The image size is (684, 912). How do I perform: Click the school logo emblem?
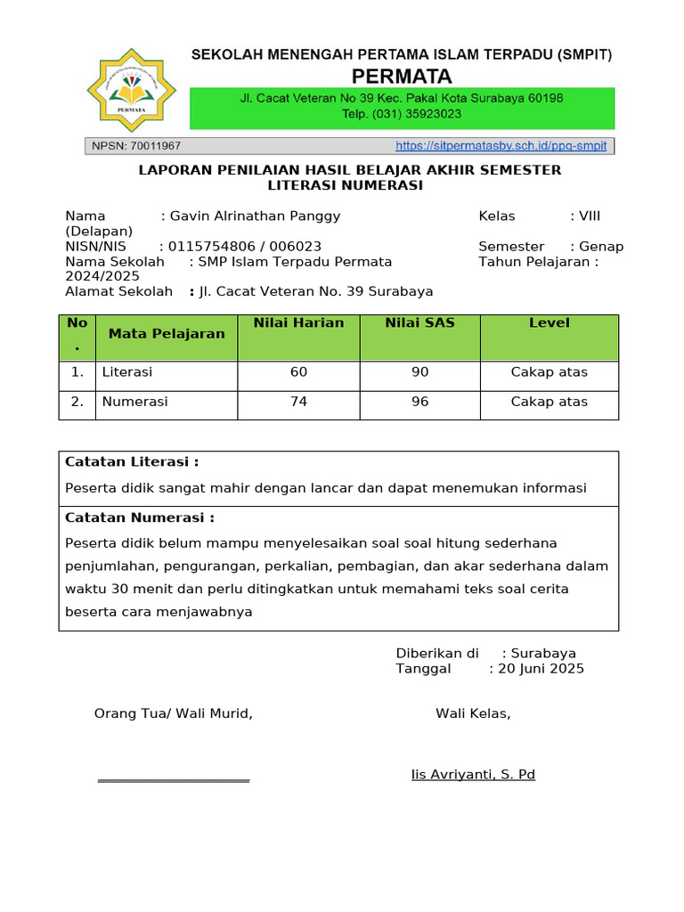[x=132, y=90]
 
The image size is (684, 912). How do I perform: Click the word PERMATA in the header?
[x=402, y=76]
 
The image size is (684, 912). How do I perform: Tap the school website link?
[x=501, y=145]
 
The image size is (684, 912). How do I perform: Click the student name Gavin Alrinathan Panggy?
[x=255, y=216]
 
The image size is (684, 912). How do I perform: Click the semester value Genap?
[x=601, y=247]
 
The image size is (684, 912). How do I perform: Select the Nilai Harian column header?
[x=298, y=323]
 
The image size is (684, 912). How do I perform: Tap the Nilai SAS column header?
[x=419, y=323]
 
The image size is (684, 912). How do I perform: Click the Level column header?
[x=549, y=323]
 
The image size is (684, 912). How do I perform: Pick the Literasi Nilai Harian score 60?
[x=298, y=372]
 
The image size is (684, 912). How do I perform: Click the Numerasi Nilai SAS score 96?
[x=419, y=402]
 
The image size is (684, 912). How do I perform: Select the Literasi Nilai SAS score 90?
[x=419, y=372]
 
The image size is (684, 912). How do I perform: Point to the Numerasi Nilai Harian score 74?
[x=298, y=402]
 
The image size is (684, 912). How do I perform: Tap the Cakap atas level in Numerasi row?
[x=549, y=402]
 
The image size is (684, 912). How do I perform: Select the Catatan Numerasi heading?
[x=140, y=517]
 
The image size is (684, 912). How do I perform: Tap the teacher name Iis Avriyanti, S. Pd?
[x=473, y=775]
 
